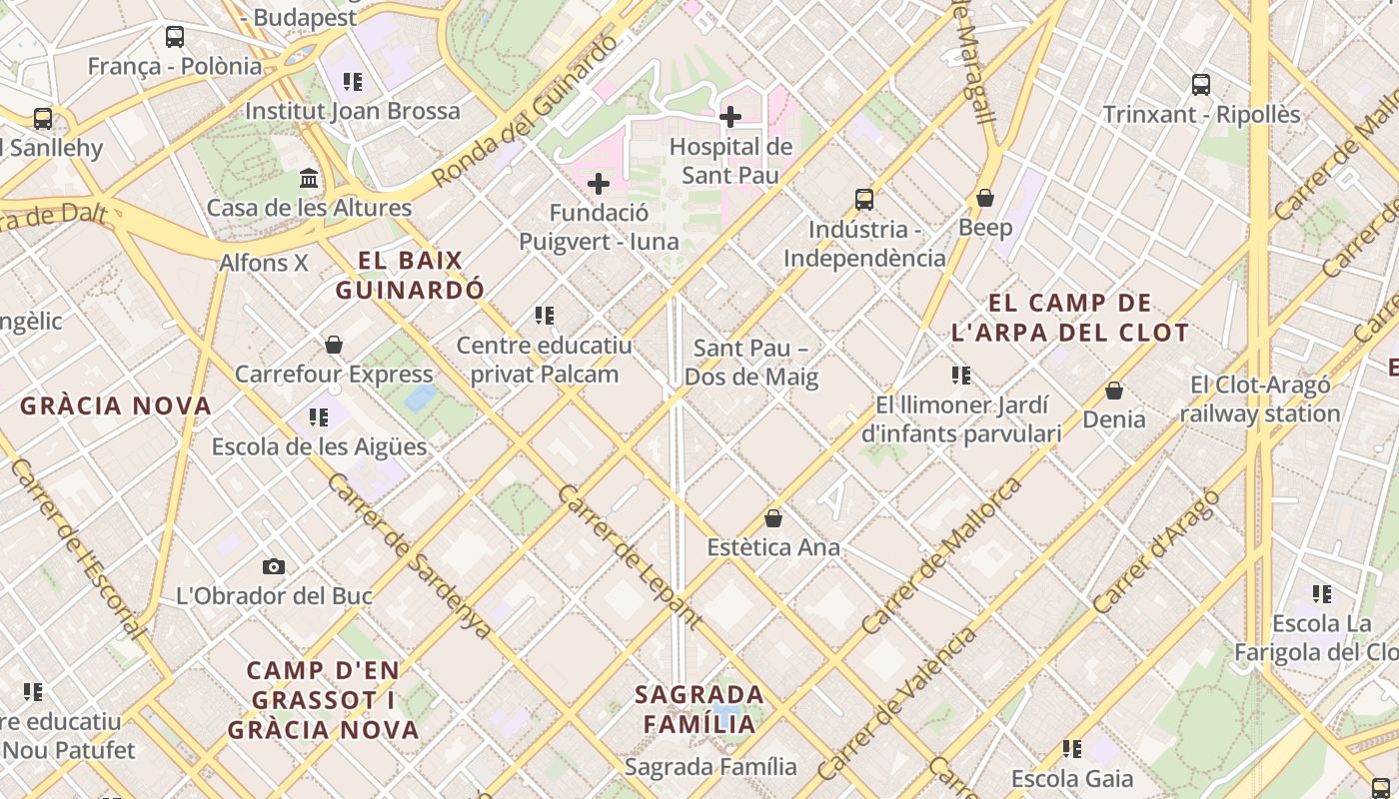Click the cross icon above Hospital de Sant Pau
730,117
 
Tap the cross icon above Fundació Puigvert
599,184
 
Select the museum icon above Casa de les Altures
310,179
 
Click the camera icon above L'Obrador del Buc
274,567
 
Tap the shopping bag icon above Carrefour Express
334,345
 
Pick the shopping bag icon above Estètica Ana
773,518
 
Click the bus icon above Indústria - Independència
864,200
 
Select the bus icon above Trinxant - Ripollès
1201,85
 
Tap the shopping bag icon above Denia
1114,391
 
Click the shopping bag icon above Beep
985,198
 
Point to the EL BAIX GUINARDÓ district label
411,276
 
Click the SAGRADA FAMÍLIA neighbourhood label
699,708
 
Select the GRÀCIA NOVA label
116,406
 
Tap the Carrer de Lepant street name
630,557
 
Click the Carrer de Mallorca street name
942,555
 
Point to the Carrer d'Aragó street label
1157,551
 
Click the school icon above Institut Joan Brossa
353,82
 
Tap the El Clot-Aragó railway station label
1260,399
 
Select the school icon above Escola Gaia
1072,748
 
